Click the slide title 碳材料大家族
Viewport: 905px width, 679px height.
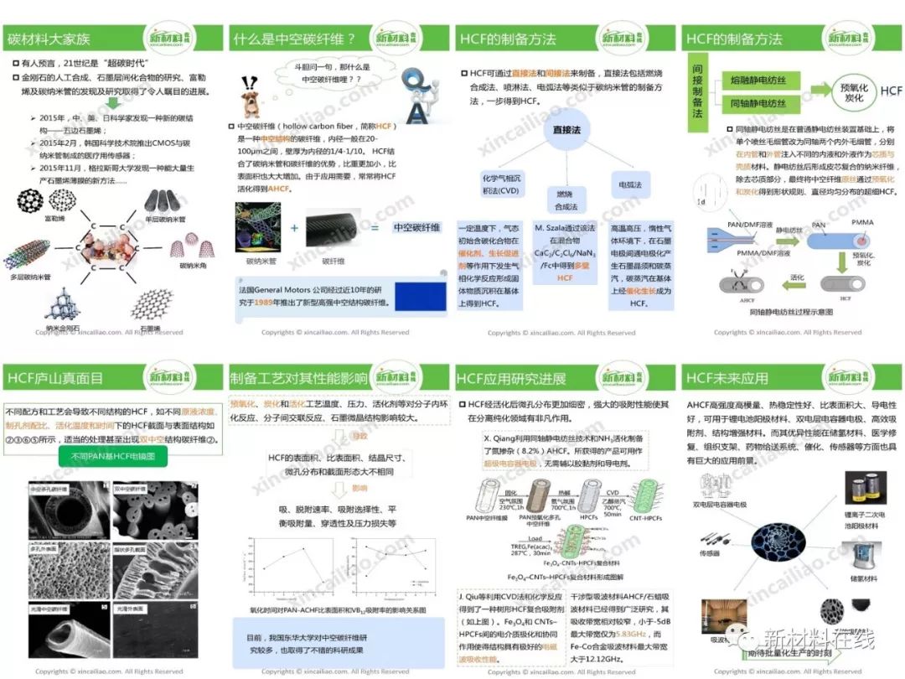point(48,39)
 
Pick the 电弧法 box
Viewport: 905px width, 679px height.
point(629,184)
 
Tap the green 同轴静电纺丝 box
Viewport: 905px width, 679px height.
point(759,104)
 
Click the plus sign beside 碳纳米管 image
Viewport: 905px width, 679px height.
point(294,228)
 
